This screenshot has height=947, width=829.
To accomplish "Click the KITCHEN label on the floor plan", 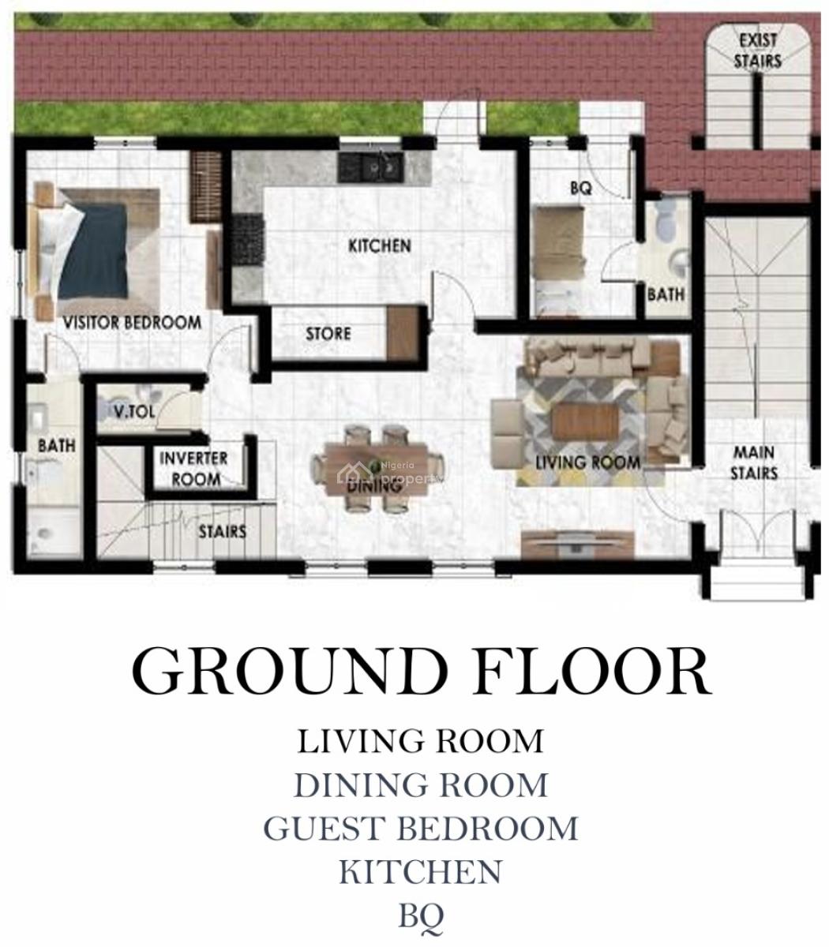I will (x=380, y=245).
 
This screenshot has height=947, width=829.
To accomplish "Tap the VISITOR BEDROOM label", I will (x=132, y=322).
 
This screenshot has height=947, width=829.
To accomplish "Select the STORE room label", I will (x=328, y=333).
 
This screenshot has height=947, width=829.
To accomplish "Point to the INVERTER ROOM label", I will (x=194, y=468).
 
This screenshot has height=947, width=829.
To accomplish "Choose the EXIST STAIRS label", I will (x=757, y=51).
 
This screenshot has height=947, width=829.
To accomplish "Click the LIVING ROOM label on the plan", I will (x=588, y=462).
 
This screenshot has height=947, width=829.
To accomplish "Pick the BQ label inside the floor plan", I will (x=581, y=189).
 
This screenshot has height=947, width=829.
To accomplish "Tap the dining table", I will (x=377, y=462).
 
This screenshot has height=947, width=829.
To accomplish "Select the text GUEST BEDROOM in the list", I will (x=421, y=829).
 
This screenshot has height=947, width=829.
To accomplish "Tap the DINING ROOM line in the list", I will (x=421, y=785).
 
